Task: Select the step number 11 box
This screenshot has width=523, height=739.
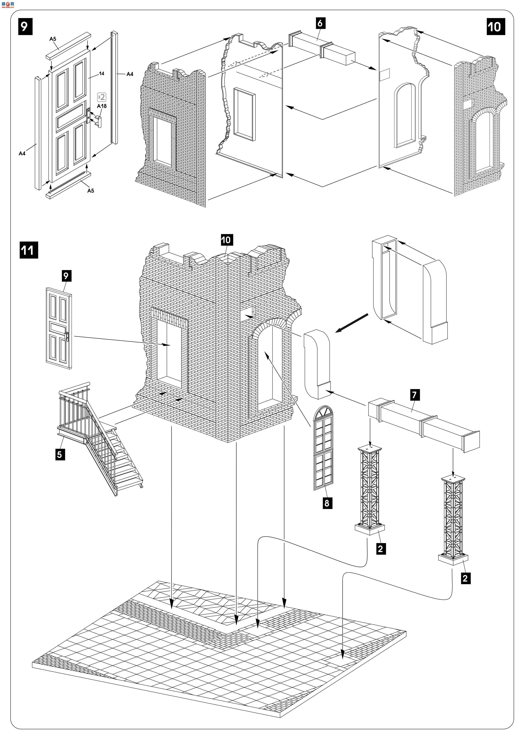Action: (x=28, y=250)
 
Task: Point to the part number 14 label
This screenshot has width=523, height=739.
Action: (x=101, y=74)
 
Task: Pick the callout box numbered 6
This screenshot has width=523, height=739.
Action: (x=320, y=23)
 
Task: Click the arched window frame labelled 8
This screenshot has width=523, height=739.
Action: (x=323, y=447)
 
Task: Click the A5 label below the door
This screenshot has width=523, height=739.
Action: (x=90, y=191)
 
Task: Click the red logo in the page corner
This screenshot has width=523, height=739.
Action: (x=8, y=4)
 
